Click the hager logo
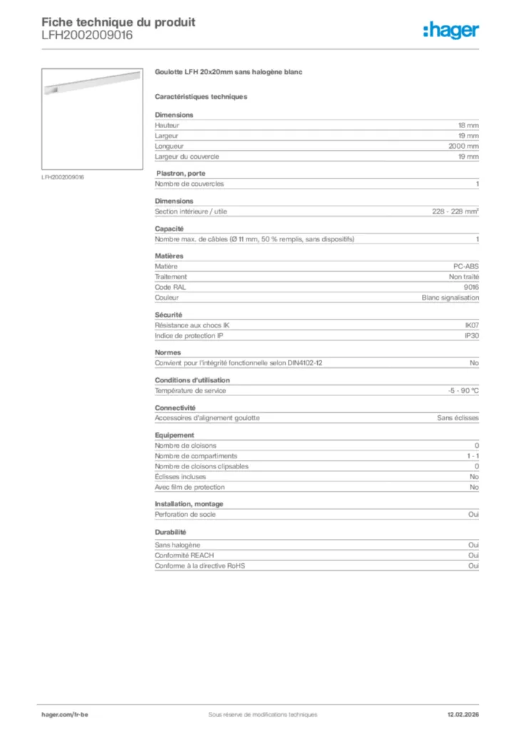450,30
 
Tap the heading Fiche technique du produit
118,22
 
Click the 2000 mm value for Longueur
463,146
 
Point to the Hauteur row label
167,125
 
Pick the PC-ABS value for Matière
467,266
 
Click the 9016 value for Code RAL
471,287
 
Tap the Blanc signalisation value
450,298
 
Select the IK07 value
471,325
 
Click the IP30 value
471,335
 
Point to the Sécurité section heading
169,314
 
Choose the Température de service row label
190,390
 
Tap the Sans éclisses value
458,418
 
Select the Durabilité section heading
170,532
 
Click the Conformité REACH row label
184,555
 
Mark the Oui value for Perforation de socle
473,514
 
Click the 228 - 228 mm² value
455,211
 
